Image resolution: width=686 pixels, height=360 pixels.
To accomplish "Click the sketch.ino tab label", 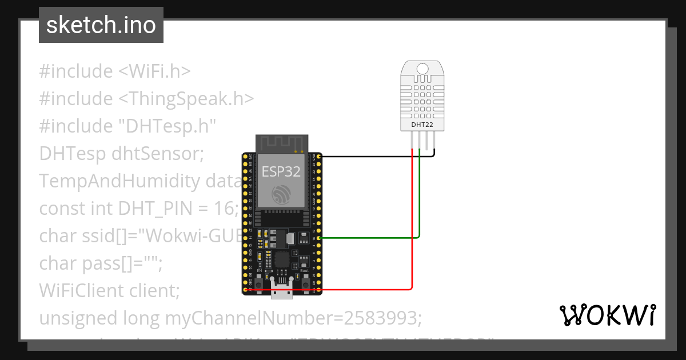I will point(101,25).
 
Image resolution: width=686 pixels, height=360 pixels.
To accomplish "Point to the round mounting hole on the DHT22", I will point(422,69).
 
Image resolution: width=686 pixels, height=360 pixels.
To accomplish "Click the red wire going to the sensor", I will point(412,229).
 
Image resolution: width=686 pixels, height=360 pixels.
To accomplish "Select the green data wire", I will point(420,200).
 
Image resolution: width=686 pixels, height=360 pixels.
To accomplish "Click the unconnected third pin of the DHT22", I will point(426,140).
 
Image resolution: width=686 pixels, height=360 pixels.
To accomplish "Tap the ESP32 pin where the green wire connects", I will point(318,237).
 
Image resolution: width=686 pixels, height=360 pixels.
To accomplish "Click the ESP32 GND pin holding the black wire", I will point(318,156).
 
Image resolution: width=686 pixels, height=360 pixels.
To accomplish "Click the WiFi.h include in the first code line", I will point(154,71).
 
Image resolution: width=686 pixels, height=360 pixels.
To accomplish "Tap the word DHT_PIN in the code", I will point(142,209).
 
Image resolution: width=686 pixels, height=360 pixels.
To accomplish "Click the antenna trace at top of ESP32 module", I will point(282,142).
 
